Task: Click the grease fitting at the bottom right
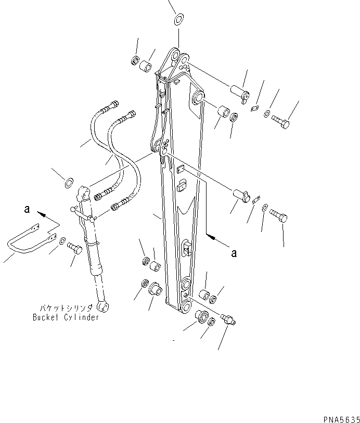coord(228,319)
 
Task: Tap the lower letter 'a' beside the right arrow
coord(234,253)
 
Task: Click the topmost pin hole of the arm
coord(175,55)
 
